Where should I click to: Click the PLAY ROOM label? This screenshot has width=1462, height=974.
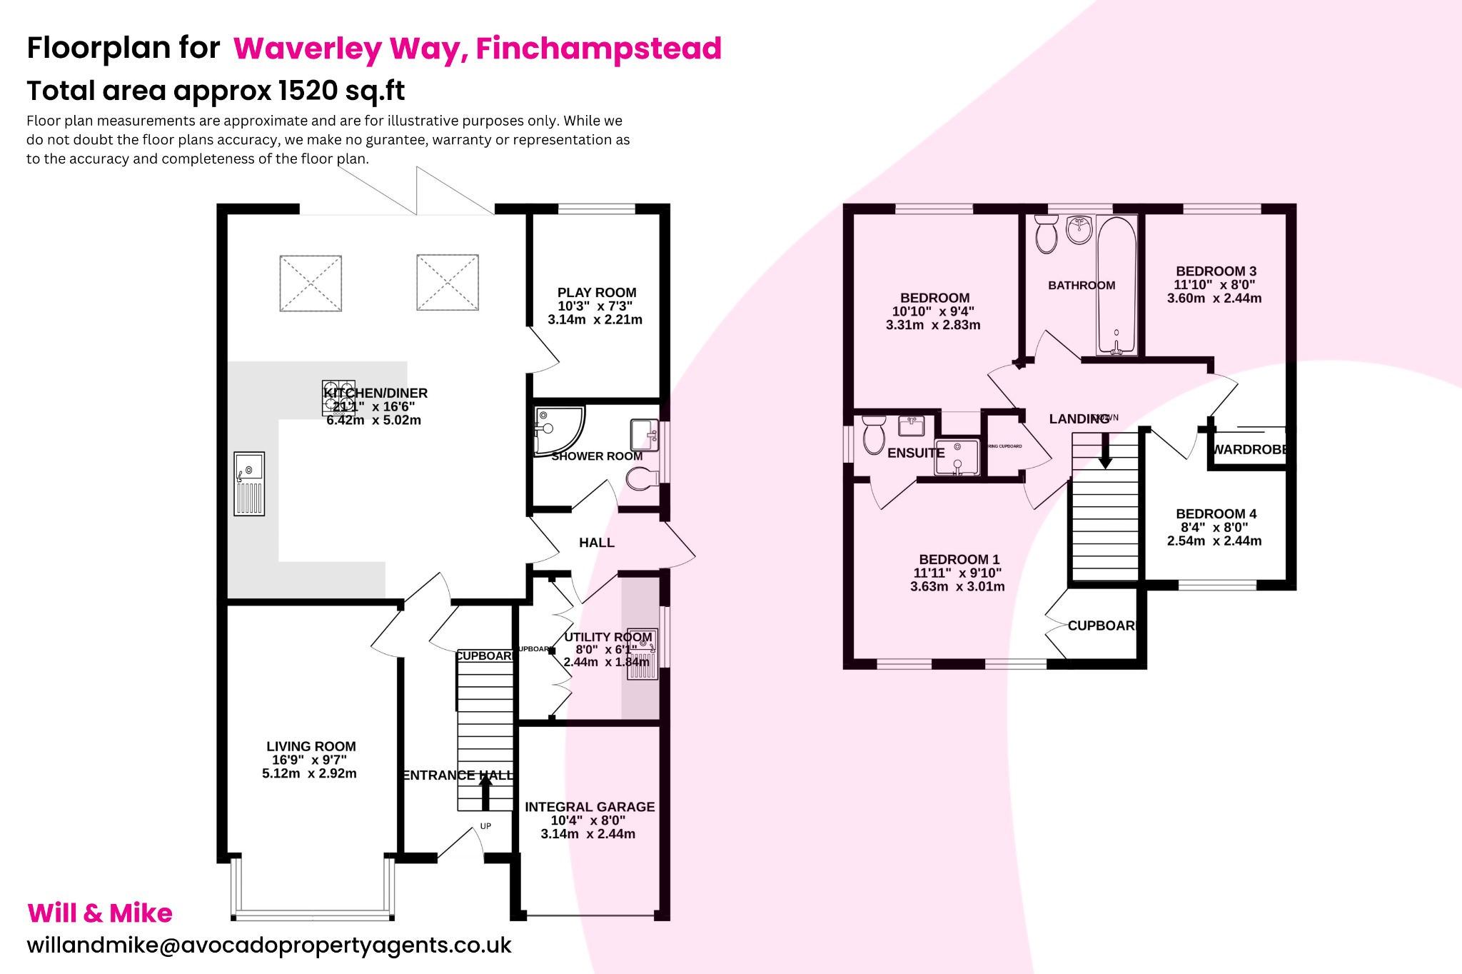[596, 293]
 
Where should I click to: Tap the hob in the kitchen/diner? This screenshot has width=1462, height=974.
[338, 398]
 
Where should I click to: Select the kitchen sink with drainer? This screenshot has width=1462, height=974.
[249, 483]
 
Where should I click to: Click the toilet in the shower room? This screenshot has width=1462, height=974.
[642, 478]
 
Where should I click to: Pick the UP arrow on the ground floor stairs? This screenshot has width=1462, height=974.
[485, 793]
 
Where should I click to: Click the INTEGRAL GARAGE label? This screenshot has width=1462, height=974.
[590, 807]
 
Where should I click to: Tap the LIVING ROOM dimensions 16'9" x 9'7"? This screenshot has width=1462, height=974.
[309, 760]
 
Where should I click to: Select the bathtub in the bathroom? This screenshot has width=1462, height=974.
[1116, 286]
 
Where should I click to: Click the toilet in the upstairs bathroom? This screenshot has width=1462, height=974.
[1046, 236]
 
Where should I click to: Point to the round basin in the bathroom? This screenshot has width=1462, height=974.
[1079, 230]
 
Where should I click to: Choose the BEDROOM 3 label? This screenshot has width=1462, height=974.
[1216, 271]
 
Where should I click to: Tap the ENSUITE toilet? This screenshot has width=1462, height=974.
[874, 435]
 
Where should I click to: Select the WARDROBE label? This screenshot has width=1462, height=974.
[1249, 449]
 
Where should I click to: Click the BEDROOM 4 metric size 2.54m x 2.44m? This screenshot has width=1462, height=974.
[1214, 541]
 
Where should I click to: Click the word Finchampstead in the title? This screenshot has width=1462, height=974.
[598, 49]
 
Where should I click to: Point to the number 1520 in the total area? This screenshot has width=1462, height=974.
[308, 91]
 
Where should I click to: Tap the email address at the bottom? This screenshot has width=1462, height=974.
[269, 945]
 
